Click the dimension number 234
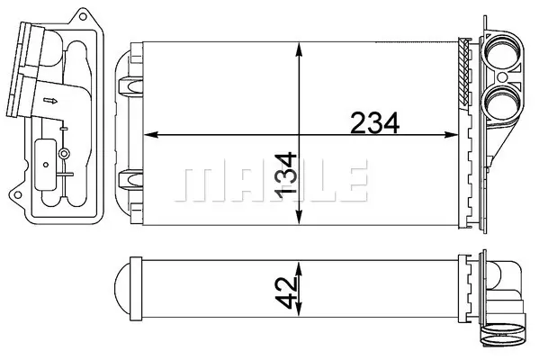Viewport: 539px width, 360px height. (x=374, y=122)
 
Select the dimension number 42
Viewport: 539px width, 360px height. (x=286, y=292)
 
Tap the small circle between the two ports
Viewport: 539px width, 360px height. (x=502, y=77)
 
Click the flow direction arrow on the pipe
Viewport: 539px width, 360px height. (x=50, y=101)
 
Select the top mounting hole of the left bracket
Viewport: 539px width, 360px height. (x=83, y=16)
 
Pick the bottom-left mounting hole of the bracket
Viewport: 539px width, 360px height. (x=17, y=195)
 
